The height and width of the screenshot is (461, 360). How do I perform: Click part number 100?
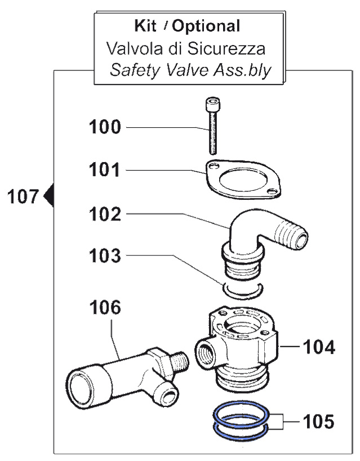pyautogui.click(x=104, y=127)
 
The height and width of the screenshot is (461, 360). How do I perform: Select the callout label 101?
pyautogui.click(x=104, y=169)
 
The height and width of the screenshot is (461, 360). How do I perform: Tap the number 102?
pyautogui.click(x=104, y=214)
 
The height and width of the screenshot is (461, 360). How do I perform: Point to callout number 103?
pyautogui.click(x=104, y=257)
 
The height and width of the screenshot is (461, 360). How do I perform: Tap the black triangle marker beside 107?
pyautogui.click(x=48, y=196)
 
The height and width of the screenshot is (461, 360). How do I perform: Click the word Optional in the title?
pyautogui.click(x=206, y=25)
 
